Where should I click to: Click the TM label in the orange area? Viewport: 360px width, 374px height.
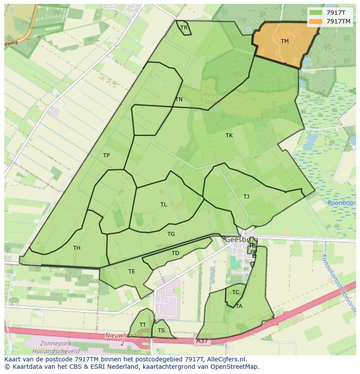[x=285, y=41]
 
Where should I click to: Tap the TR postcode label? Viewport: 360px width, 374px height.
[x=184, y=28]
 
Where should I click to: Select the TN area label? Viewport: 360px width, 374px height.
[x=179, y=99]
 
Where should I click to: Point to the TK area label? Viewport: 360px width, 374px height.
[x=229, y=136]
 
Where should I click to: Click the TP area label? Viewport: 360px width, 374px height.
[x=106, y=156]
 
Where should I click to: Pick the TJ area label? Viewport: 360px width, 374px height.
[x=247, y=197]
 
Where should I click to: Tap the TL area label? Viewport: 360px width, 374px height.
[x=163, y=205]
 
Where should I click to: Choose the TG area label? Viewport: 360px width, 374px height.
[x=171, y=234]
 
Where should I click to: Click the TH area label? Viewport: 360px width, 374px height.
[x=77, y=248]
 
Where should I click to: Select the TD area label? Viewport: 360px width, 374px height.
[x=175, y=253]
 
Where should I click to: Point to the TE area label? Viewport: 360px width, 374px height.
[x=132, y=271]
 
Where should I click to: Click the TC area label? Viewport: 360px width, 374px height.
[x=236, y=292]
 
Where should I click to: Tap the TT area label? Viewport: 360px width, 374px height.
[x=143, y=325]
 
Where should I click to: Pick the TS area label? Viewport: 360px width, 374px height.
[x=161, y=331]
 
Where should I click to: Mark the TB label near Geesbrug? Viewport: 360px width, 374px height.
[x=252, y=246]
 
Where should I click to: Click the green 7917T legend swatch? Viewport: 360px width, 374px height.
[x=316, y=13]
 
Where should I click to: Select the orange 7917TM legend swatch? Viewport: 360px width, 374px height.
[x=316, y=21]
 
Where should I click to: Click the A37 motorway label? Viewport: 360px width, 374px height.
[x=202, y=341]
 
